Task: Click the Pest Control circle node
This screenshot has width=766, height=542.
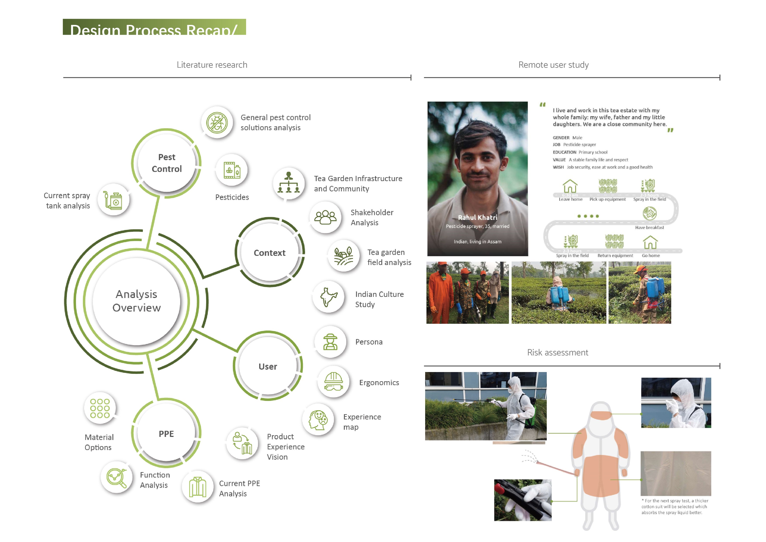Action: (166, 163)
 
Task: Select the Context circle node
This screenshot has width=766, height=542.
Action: (270, 253)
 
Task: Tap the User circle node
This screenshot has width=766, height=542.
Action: (267, 366)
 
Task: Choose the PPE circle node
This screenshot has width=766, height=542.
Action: (166, 433)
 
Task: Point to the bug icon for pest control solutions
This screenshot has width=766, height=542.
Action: (217, 123)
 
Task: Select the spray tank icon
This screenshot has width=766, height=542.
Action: (113, 200)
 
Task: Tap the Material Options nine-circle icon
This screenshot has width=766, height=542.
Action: (100, 408)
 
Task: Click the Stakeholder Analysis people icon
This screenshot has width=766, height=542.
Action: (325, 217)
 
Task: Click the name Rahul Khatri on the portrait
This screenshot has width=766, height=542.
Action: (477, 218)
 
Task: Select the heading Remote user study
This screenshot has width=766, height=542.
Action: (553, 65)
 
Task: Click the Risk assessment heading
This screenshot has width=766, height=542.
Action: (557, 352)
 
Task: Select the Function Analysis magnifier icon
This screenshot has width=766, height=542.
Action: (116, 478)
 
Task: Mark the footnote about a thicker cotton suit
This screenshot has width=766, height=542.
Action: (674, 506)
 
